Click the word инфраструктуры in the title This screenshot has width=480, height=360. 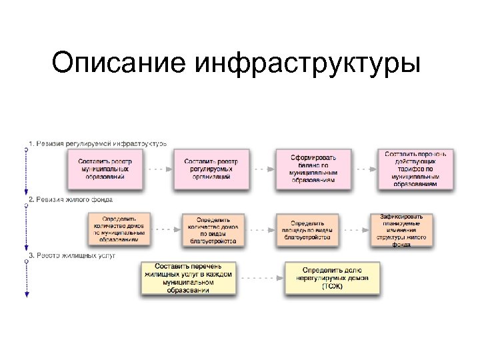[309, 64]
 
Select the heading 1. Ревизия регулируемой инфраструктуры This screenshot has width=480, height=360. [97, 143]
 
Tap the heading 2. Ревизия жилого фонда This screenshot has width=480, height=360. [71, 199]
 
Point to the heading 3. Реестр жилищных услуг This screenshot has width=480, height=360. [72, 255]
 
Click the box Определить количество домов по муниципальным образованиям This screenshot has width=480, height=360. [119, 229]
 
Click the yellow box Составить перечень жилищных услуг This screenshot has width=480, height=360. [189, 278]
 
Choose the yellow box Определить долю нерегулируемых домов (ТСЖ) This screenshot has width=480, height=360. [333, 278]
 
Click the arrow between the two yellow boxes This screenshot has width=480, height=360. [260, 278]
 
